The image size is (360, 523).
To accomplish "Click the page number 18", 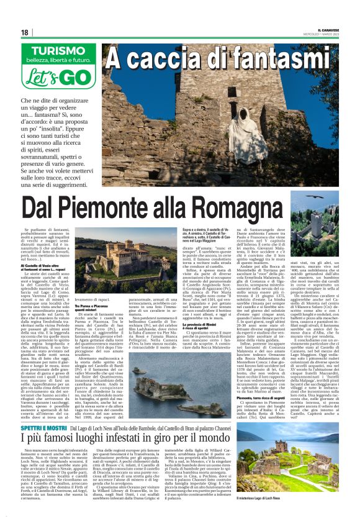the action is click(x=25, y=32).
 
